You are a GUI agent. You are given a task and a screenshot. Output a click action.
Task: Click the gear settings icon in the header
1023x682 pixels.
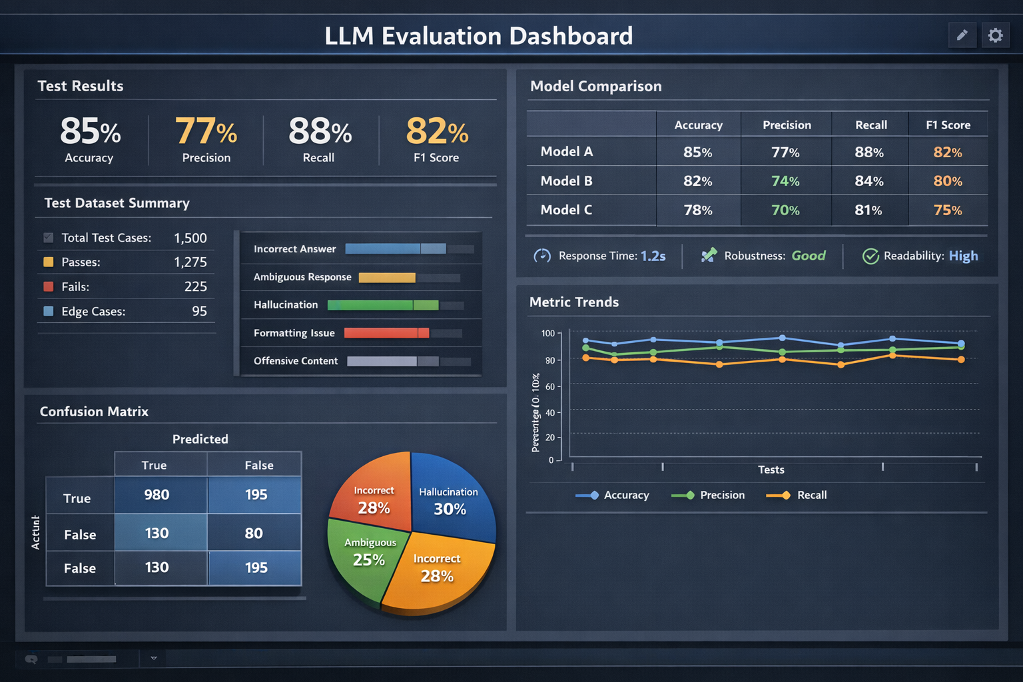point(995,35)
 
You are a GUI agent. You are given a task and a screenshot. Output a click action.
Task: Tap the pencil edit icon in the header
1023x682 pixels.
point(962,35)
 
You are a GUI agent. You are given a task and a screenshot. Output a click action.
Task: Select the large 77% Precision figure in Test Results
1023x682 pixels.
point(206,131)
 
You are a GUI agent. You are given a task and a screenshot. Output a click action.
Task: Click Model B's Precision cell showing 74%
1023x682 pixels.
point(785,181)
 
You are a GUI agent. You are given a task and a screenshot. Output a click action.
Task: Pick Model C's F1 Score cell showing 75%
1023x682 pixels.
point(947,210)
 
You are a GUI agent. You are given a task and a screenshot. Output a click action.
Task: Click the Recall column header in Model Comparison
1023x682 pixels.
point(870,125)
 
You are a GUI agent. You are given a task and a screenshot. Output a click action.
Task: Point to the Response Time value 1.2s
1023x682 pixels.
point(653,256)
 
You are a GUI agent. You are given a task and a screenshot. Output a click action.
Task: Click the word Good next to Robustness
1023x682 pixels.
point(808,256)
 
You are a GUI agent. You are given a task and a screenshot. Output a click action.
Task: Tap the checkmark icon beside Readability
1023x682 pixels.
point(870,256)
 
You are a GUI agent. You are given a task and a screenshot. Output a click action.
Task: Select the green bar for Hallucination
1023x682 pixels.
point(382,305)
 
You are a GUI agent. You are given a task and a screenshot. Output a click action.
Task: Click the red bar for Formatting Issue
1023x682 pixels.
point(386,333)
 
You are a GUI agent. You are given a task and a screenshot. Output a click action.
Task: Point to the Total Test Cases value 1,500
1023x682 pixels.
point(190,238)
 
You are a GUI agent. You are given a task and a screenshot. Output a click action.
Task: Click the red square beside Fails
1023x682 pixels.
point(49,286)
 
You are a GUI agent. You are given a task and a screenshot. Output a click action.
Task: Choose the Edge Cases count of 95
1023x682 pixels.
point(199,312)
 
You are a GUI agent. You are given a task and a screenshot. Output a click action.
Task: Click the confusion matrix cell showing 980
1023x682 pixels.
point(157,495)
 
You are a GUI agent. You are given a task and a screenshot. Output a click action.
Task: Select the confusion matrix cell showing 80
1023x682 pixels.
point(254,533)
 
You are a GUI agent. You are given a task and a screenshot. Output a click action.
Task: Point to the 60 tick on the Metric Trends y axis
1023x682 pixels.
point(549,386)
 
